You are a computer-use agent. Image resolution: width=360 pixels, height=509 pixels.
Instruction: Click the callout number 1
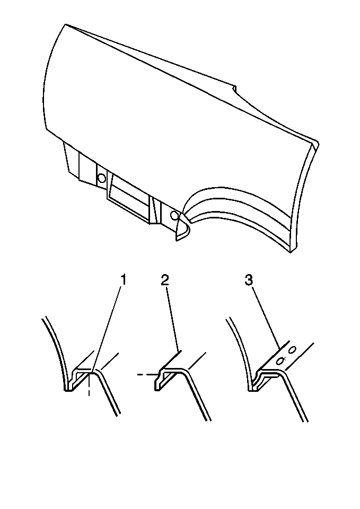pyautogui.click(x=122, y=280)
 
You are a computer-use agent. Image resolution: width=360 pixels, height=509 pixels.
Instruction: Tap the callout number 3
pyautogui.click(x=249, y=280)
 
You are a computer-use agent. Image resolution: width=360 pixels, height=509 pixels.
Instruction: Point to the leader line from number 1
pyautogui.click(x=107, y=329)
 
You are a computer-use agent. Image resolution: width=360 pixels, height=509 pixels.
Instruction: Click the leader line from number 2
pyautogui.click(x=173, y=319)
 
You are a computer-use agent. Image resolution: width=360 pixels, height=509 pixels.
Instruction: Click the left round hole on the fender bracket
pyautogui.click(x=102, y=178)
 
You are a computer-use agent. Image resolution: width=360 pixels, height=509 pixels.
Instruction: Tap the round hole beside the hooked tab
pyautogui.click(x=174, y=215)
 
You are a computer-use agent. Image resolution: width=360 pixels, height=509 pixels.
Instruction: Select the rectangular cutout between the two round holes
pyautogui.click(x=129, y=197)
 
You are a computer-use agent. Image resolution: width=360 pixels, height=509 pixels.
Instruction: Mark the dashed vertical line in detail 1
pyautogui.click(x=89, y=385)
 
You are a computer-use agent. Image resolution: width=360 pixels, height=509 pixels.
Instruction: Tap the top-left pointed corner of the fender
pyautogui.click(x=66, y=24)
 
